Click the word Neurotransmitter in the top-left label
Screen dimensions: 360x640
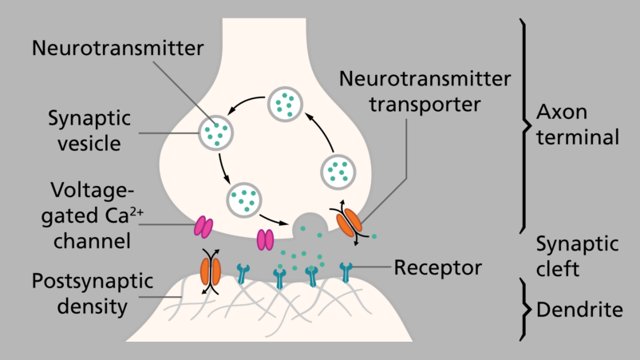pyautogui.click(x=118, y=48)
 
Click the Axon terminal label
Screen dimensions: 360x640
pyautogui.click(x=578, y=124)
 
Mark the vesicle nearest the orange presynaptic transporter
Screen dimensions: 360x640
pyautogui.click(x=338, y=170)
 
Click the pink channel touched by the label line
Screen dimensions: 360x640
pyautogui.click(x=203, y=227)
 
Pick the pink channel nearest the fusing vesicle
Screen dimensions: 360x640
pyautogui.click(x=264, y=238)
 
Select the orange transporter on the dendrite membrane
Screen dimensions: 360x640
pyautogui.click(x=211, y=269)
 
